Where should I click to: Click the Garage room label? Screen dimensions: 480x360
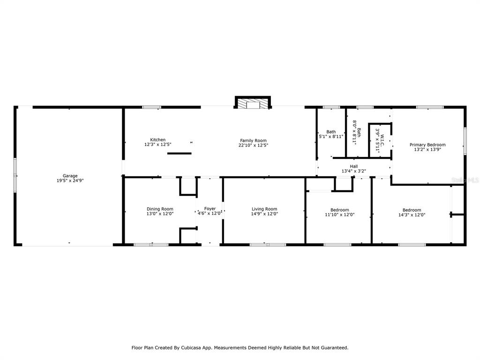tap(70, 176)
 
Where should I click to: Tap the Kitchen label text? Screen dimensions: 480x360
tap(157, 140)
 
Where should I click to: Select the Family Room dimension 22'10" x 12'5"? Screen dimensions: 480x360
tap(253, 145)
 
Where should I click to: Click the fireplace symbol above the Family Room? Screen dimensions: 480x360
tap(253, 102)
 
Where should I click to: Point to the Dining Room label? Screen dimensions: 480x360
tap(160, 209)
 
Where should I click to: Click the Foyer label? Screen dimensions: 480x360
tap(210, 209)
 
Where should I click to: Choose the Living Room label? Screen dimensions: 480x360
tap(264, 209)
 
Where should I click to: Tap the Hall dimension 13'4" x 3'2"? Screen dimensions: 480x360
tap(354, 171)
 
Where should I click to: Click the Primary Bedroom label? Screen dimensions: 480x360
tap(427, 145)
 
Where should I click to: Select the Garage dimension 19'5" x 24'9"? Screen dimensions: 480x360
tap(70, 180)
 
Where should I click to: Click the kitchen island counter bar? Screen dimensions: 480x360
tap(180, 153)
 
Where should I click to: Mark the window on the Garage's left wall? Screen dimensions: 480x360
tap(15, 175)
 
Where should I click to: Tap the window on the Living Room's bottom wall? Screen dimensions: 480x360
tap(268, 245)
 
